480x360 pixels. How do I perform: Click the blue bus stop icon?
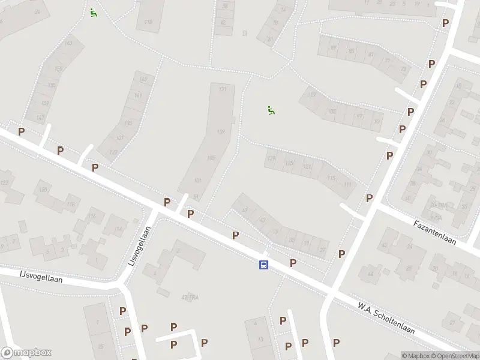tap(263, 265)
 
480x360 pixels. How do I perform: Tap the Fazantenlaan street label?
tap(435, 232)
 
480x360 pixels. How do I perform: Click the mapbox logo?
tap(26, 353)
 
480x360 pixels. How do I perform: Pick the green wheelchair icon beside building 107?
tap(271, 110)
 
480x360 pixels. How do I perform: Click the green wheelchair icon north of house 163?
tap(93, 12)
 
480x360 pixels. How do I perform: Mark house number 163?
tap(68, 43)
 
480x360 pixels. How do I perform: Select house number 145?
tap(143, 80)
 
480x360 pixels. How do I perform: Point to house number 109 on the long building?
tap(221, 131)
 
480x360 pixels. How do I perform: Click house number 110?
tap(148, 22)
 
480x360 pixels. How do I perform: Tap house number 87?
tap(333, 47)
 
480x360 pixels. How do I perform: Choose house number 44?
tap(370, 274)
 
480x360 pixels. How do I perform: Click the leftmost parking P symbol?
tap(21, 131)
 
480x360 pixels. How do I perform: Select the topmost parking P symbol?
tap(445, 23)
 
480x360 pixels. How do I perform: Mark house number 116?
tap(92, 217)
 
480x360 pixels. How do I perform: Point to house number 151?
tap(44, 103)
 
